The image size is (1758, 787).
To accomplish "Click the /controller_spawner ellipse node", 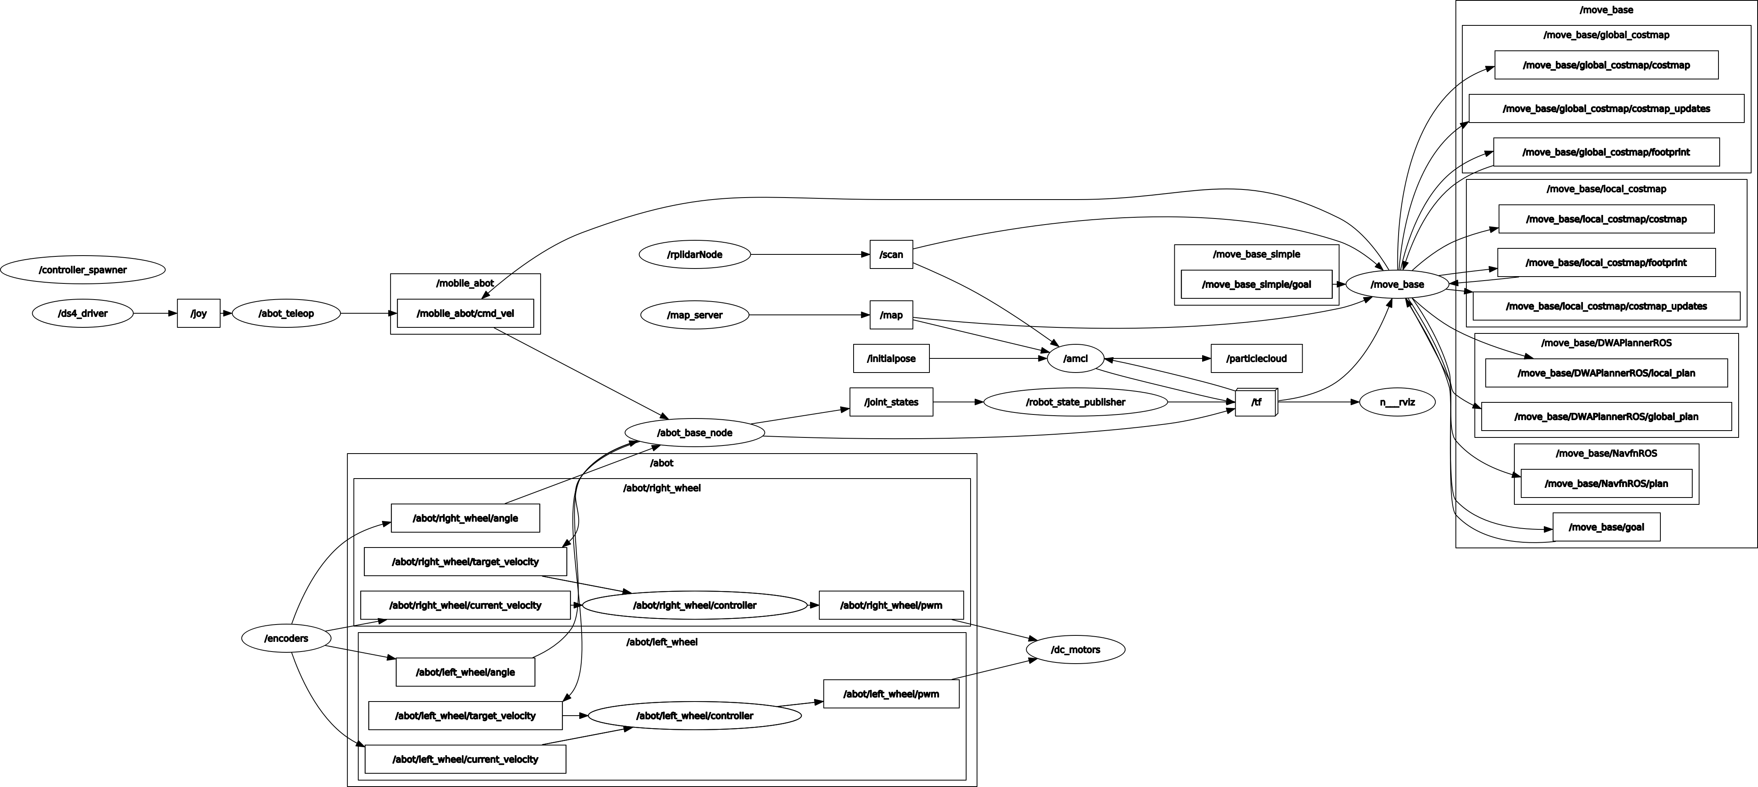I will click(83, 270).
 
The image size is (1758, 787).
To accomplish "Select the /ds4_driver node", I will click(83, 314).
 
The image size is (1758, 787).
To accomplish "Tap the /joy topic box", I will click(198, 314).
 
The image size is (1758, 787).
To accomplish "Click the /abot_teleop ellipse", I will click(286, 314).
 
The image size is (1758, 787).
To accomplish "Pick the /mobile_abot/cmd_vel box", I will click(466, 314).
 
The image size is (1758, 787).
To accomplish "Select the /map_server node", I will click(695, 315).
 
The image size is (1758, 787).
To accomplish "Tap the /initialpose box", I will click(891, 359).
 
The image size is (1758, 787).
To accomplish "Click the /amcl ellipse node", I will click(1075, 359).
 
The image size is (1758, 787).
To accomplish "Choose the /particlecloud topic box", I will click(1257, 359).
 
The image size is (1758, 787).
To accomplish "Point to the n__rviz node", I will click(1398, 402).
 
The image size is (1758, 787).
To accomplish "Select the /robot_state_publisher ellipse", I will click(1075, 402).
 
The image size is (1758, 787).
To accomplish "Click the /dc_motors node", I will click(1075, 650).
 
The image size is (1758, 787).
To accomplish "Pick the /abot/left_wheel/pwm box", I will click(891, 694).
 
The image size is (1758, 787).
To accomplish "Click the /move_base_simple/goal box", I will click(1257, 284).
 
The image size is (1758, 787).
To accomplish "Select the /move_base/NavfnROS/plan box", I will click(1606, 483).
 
